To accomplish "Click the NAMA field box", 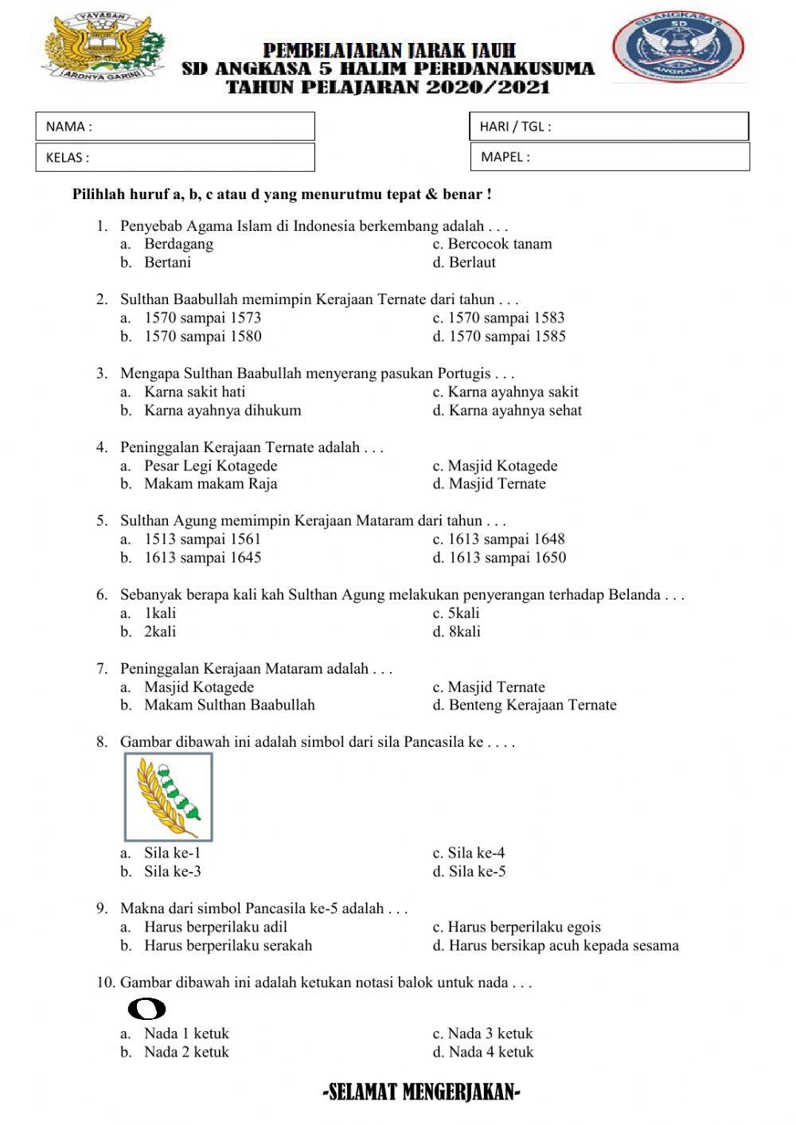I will point(175,127).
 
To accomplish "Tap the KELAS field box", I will point(175,157).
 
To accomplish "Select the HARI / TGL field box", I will point(610,126).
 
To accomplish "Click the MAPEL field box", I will point(610,157).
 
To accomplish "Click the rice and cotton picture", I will point(169,797).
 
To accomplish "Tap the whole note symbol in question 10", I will point(146,1009).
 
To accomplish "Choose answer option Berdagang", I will point(178,244).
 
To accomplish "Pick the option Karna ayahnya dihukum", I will point(222,411).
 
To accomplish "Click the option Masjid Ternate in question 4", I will point(497,483).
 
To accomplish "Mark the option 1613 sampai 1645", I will point(202,557).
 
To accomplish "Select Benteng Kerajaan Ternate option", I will point(532,705).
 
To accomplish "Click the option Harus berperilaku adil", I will point(215,927).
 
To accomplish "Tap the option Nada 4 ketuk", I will point(490,1052).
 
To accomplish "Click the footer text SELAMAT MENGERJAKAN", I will point(422,1092).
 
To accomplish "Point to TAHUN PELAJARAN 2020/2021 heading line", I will point(388,87).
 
